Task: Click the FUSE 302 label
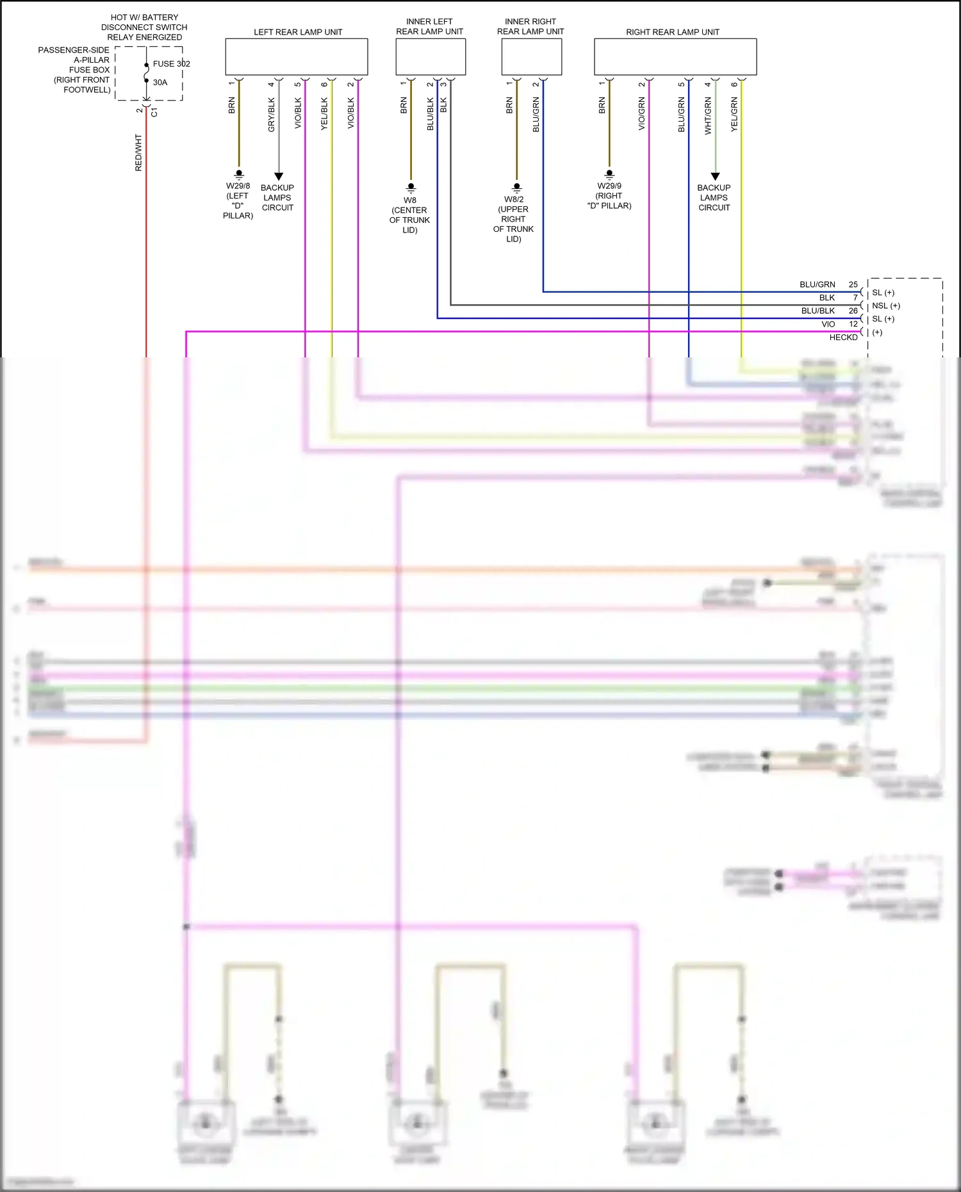point(171,63)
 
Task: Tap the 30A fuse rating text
point(160,82)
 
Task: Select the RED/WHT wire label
point(138,152)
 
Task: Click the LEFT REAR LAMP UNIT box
point(297,57)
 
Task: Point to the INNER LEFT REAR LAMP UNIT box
point(431,57)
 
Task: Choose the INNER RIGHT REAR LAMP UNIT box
point(531,57)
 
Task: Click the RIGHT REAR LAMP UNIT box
point(675,57)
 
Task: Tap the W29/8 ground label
point(238,186)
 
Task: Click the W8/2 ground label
point(514,199)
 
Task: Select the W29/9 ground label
point(609,186)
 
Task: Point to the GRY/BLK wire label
point(272,115)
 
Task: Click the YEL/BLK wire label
point(324,114)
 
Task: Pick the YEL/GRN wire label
point(734,115)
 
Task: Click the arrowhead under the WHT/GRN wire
point(716,176)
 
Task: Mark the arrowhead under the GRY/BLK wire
point(279,176)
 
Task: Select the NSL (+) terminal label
point(886,306)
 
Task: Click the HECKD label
point(843,337)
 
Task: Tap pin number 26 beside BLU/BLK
point(853,311)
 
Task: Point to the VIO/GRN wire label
point(642,114)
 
